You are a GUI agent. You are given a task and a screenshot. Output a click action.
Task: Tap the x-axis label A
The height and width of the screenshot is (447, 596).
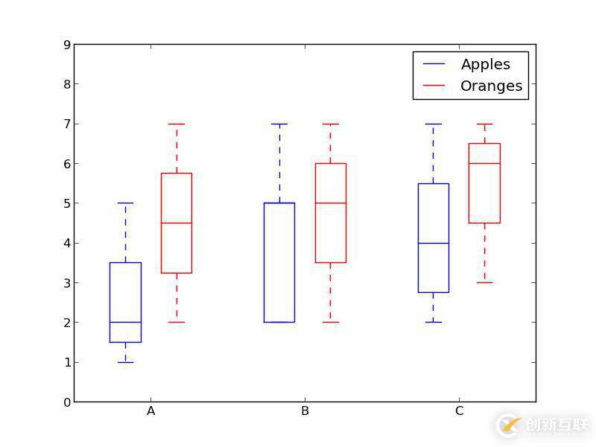151,411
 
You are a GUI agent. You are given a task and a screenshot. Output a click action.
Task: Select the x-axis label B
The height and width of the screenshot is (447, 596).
305,411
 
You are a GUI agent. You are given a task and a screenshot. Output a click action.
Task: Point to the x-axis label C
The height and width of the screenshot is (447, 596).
459,411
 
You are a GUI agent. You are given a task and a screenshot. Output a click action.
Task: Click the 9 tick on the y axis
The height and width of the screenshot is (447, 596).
67,45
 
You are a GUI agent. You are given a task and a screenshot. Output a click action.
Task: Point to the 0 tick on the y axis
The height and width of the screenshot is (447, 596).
67,402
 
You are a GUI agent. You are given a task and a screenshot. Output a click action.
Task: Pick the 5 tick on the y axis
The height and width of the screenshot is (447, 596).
67,203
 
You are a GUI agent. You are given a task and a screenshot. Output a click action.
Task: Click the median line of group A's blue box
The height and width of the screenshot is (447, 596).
125,323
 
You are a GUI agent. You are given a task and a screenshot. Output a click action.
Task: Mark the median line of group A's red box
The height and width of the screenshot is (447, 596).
177,223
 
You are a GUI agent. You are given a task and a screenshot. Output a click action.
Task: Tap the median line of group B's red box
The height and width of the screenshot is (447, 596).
330,203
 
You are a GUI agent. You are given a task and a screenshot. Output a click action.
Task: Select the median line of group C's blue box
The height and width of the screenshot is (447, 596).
433,243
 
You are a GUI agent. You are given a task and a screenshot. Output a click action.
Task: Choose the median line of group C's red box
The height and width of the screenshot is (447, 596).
484,163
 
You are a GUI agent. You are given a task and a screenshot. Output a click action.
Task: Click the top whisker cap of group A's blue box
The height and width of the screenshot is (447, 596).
125,203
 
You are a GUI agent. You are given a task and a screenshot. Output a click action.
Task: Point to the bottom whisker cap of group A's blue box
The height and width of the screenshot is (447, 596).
125,362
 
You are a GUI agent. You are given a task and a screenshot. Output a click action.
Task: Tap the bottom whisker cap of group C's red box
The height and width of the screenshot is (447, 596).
484,282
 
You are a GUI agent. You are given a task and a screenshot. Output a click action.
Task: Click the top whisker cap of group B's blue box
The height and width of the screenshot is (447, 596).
279,124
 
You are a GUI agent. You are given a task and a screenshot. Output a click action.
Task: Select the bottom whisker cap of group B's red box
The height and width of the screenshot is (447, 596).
330,323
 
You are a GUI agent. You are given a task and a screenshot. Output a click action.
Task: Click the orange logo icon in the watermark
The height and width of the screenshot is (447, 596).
510,425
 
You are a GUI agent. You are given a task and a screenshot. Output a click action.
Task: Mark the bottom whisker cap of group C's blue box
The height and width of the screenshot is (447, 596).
433,323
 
